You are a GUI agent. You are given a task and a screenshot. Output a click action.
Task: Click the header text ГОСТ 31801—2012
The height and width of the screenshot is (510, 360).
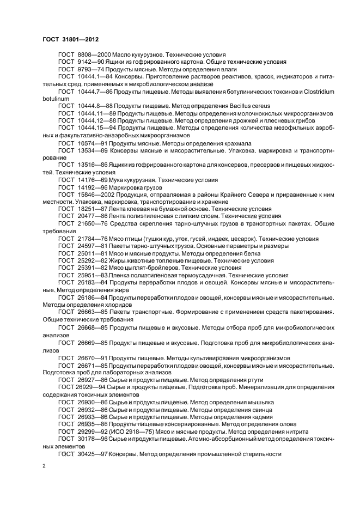coord(70,39)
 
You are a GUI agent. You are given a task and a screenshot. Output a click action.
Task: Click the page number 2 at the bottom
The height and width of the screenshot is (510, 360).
coord(44,466)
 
